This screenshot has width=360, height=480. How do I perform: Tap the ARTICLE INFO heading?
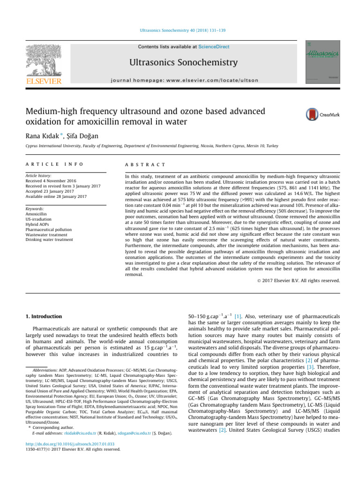click(48, 165)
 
